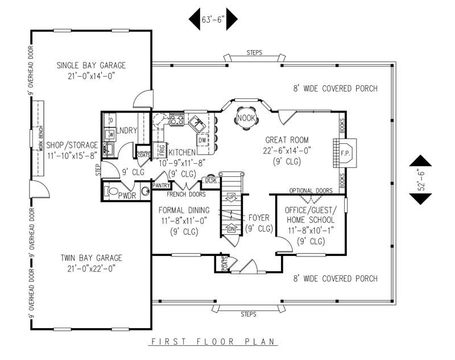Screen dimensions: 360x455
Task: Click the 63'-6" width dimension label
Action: click(213, 19)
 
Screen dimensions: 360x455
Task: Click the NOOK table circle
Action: click(246, 118)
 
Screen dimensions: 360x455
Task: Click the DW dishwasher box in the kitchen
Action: click(202, 140)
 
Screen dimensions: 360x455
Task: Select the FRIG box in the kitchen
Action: click(162, 150)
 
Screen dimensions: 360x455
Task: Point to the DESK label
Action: click(210, 180)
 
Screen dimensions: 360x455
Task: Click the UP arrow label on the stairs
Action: click(231, 197)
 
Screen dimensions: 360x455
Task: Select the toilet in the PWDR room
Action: click(113, 191)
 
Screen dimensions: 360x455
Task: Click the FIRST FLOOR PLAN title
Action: click(213, 342)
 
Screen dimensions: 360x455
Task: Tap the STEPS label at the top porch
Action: click(254, 53)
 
